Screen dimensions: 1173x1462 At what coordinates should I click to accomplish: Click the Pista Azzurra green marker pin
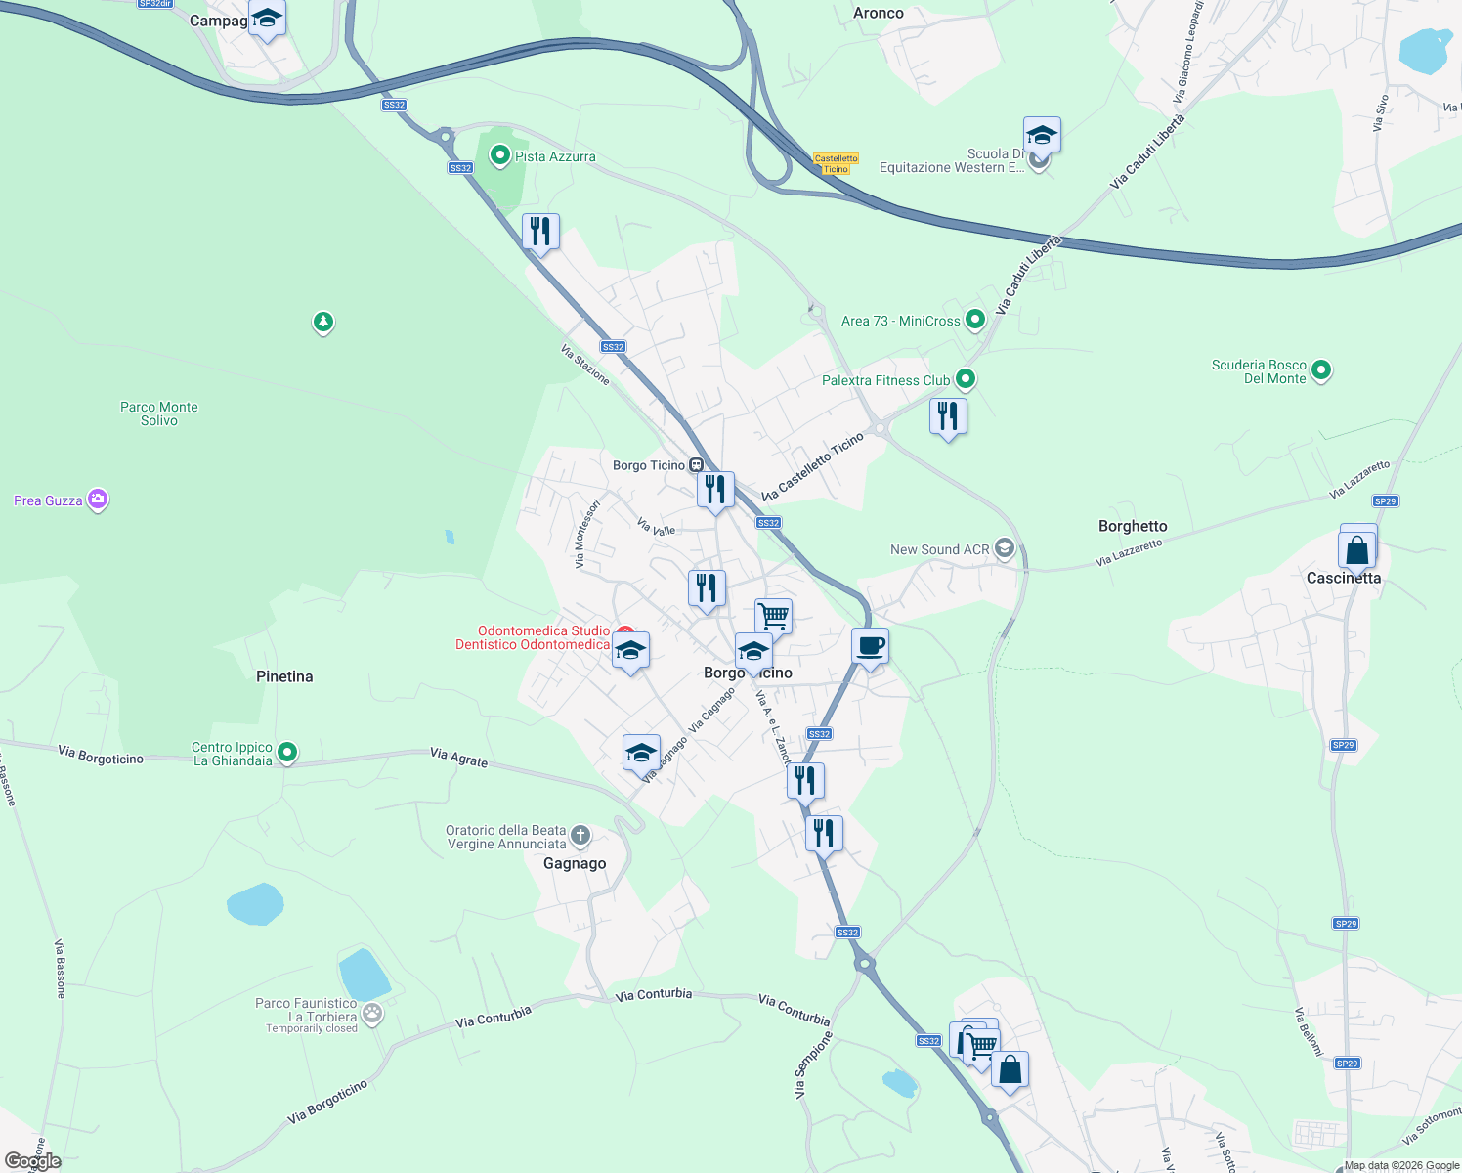[500, 155]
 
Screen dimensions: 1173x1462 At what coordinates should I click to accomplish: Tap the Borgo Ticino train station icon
[696, 465]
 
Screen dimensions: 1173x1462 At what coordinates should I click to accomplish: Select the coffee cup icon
[870, 646]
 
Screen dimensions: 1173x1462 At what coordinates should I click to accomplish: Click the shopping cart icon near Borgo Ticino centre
[773, 616]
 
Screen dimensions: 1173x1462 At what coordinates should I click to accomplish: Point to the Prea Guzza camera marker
[97, 500]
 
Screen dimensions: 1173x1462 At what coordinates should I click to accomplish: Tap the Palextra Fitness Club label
[885, 380]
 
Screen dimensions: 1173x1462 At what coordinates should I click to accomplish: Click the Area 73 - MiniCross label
[900, 321]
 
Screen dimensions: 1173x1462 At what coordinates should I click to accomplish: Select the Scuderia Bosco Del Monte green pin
[1321, 369]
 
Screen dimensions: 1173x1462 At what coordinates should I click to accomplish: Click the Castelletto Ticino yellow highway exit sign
[836, 163]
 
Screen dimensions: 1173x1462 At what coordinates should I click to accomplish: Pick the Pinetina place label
[284, 676]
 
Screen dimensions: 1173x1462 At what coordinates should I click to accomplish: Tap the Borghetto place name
[1133, 526]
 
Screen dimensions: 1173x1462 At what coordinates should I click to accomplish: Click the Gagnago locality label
[575, 863]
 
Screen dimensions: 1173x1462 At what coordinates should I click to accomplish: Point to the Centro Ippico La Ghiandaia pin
[287, 752]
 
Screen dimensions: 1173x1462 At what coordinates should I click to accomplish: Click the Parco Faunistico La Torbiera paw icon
[371, 1013]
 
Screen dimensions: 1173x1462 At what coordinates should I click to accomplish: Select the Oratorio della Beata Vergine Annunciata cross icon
[580, 835]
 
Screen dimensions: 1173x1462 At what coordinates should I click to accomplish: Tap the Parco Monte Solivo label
[159, 413]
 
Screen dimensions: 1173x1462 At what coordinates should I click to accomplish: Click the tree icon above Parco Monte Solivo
[323, 321]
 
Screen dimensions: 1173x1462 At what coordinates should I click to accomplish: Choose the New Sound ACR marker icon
[1005, 548]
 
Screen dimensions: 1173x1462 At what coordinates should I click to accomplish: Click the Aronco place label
[879, 13]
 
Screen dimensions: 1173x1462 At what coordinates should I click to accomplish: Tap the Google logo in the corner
[32, 1161]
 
